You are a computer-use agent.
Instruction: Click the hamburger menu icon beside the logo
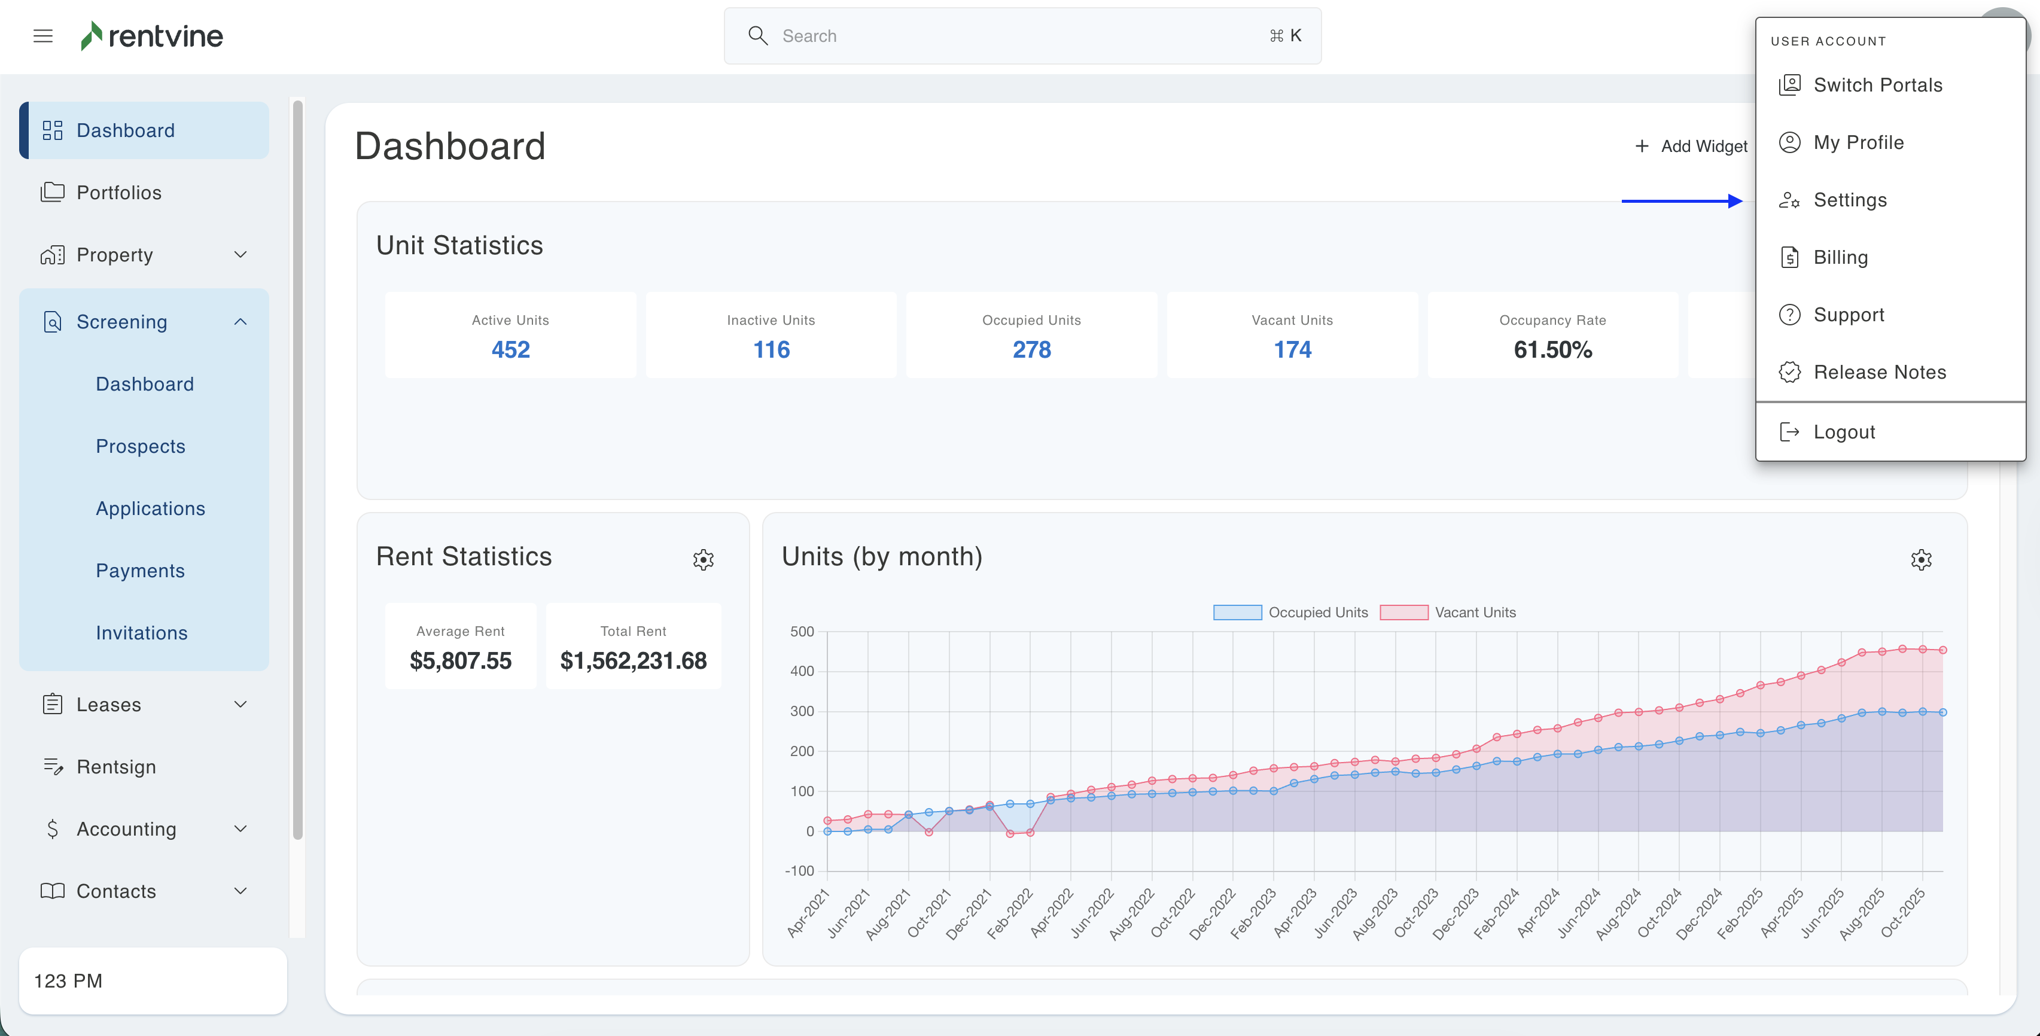pos(42,36)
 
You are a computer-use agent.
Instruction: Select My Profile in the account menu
pos(1858,142)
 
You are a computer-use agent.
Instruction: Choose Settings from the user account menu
pos(1849,200)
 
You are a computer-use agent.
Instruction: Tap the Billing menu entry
pos(1840,257)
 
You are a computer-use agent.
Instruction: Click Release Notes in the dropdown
pos(1878,372)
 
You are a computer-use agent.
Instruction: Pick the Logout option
pos(1844,432)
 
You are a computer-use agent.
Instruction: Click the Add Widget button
pos(1692,147)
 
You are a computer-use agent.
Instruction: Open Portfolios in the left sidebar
pos(119,193)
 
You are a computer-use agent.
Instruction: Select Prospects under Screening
pos(140,446)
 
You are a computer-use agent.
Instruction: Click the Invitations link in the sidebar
pos(142,633)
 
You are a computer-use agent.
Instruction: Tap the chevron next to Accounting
pos(240,828)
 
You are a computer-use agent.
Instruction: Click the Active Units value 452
pos(510,349)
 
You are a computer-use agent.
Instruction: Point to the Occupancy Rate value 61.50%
pos(1552,349)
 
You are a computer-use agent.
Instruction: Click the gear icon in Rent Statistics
pos(703,560)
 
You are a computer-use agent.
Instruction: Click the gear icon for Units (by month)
pos(1920,560)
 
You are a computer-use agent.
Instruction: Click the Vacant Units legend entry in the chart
pos(1448,613)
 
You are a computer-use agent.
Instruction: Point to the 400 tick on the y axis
pos(802,671)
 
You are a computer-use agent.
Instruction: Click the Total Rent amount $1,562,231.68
pos(633,660)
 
